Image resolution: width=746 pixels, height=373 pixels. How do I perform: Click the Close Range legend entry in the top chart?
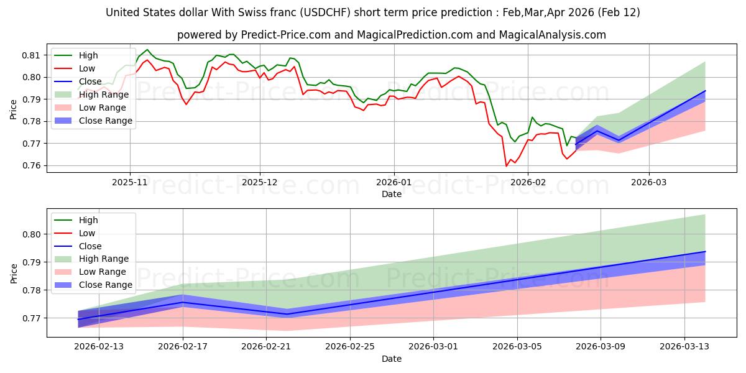[105, 121]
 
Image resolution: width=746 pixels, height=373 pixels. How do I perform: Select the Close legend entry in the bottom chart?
[91, 246]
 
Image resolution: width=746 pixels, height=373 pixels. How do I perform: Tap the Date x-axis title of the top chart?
[391, 195]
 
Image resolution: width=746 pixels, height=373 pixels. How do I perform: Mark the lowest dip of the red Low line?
[506, 166]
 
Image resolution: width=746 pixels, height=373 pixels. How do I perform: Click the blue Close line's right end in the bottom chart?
[705, 252]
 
